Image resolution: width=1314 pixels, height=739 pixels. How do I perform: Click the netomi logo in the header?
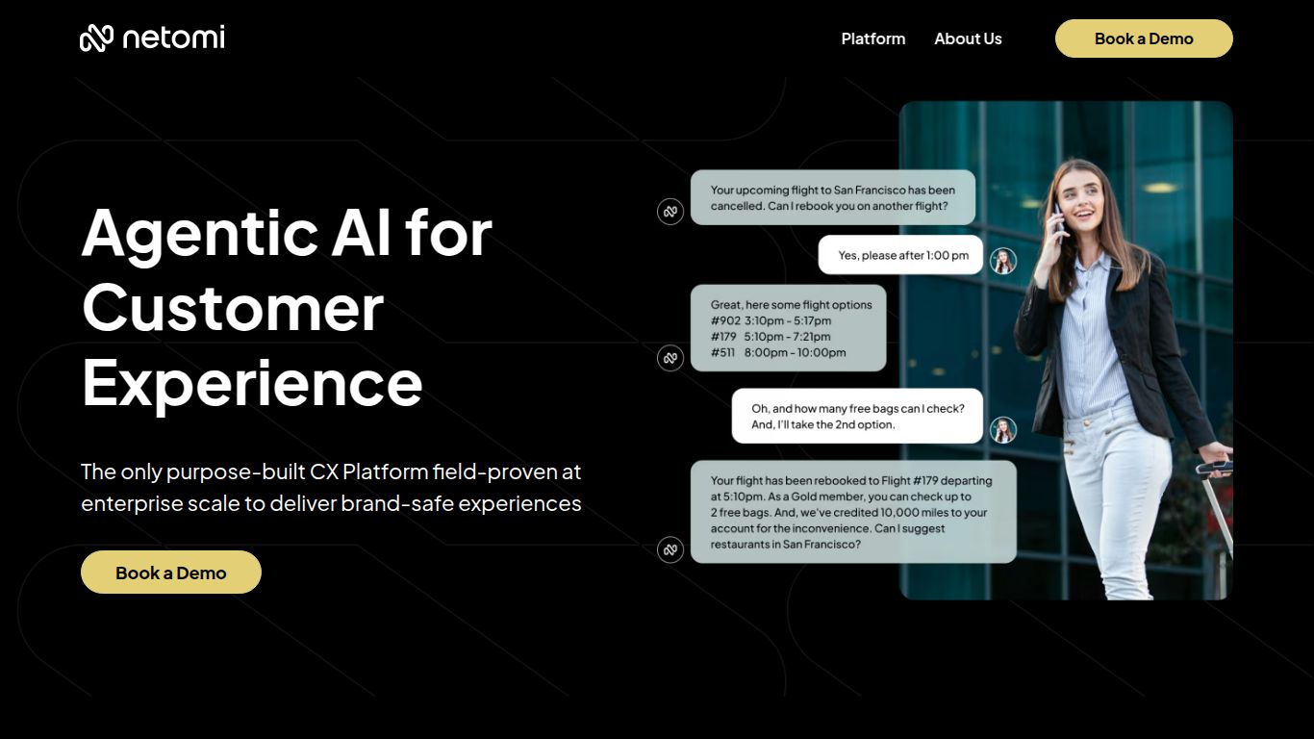coord(152,38)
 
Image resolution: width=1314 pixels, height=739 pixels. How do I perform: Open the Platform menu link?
coord(872,38)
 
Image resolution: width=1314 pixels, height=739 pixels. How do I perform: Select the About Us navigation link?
coord(968,38)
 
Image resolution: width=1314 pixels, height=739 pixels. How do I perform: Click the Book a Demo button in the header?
coord(1143,38)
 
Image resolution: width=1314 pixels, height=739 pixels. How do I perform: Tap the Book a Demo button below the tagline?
coord(171,573)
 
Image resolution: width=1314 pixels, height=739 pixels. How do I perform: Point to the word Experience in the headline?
coord(252,381)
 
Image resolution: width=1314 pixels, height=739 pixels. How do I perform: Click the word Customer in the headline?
coord(233,308)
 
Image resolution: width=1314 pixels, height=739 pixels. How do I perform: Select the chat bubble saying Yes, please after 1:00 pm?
coord(900,255)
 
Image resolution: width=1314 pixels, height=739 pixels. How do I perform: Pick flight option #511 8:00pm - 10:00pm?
coord(779,352)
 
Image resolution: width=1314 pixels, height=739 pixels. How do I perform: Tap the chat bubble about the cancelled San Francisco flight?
coord(832,198)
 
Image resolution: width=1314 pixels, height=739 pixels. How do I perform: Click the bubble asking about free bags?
coord(856,416)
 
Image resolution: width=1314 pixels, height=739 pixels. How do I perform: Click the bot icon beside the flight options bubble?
coord(670,358)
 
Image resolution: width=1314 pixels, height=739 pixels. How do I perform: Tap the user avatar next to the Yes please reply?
coord(1003,261)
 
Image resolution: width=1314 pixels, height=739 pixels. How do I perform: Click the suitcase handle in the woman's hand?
coord(1214,469)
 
